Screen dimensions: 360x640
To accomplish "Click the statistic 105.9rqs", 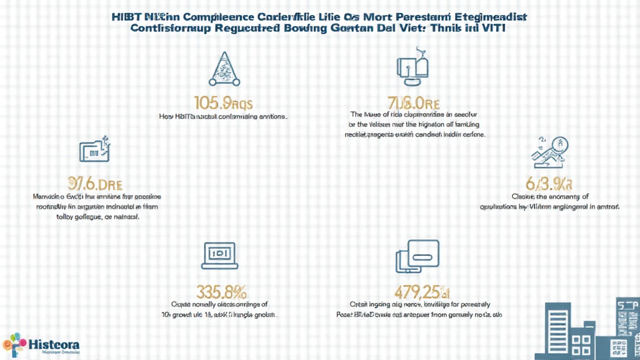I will [x=223, y=102].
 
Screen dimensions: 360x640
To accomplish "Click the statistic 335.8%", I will [x=222, y=292].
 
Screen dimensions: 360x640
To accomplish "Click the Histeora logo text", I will [x=54, y=343].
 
